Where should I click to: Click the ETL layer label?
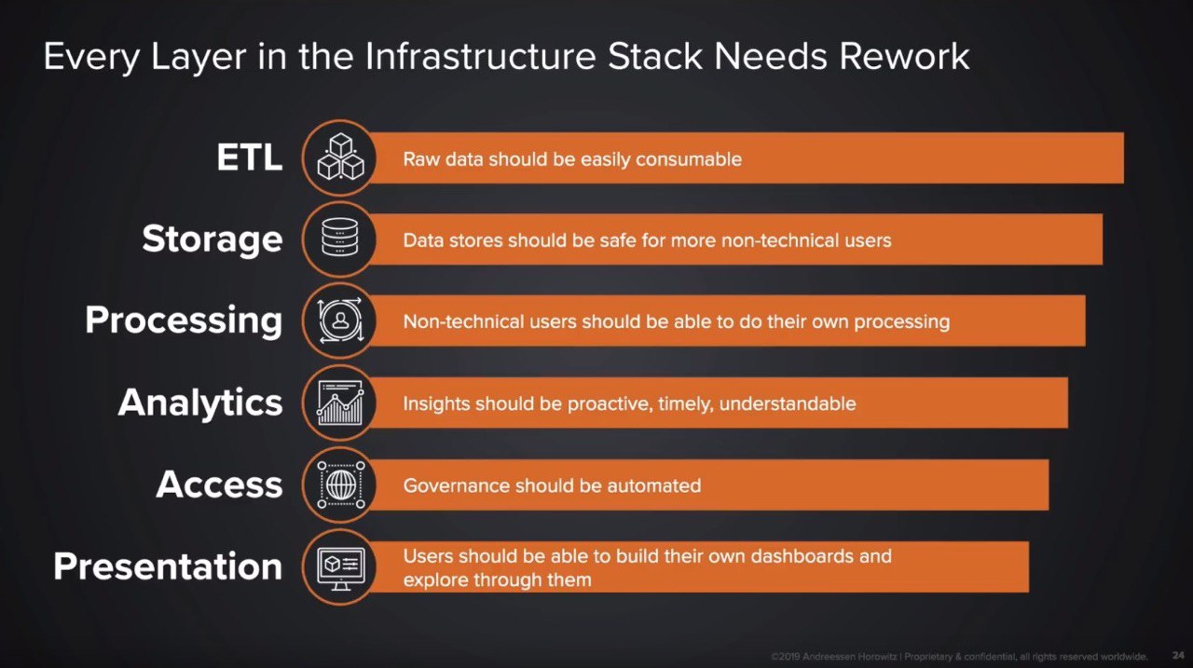click(x=249, y=157)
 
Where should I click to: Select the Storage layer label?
click(x=212, y=239)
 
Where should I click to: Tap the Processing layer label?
click(x=184, y=321)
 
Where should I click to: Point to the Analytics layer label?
click(x=200, y=402)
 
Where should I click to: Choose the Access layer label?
click(x=219, y=484)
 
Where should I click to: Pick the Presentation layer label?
click(x=168, y=566)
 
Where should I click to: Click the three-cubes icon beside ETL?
click(x=340, y=157)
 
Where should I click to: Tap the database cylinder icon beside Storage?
click(x=340, y=238)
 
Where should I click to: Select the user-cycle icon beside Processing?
click(x=340, y=320)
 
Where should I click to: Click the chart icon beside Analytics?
click(x=340, y=402)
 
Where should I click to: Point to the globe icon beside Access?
click(x=341, y=484)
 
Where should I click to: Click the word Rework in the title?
click(x=904, y=56)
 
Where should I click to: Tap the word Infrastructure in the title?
click(x=480, y=56)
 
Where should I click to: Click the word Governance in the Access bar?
click(x=455, y=485)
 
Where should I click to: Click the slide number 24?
click(x=1178, y=655)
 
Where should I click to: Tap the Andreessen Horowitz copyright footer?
click(x=959, y=657)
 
